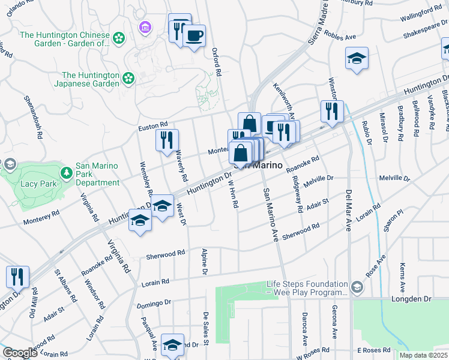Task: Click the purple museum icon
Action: (x=145, y=27)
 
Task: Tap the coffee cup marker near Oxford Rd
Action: (x=194, y=36)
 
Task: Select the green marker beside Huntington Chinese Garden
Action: (x=119, y=38)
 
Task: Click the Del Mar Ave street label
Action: (x=348, y=210)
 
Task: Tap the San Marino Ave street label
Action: (x=270, y=214)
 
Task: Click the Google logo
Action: (x=19, y=353)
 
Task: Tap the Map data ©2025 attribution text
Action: (x=423, y=355)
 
